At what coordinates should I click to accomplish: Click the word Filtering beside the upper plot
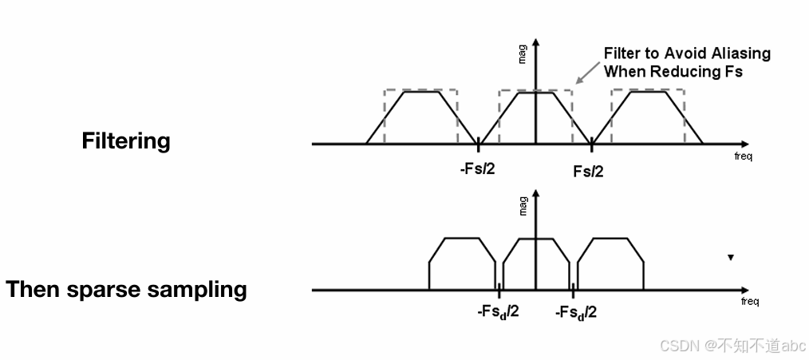click(126, 141)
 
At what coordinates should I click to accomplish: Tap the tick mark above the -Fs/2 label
click(479, 144)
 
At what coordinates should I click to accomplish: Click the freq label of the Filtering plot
click(743, 156)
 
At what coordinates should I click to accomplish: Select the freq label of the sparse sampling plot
click(749, 301)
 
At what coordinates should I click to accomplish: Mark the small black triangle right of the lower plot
click(730, 258)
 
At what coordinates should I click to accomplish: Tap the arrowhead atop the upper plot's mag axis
click(536, 41)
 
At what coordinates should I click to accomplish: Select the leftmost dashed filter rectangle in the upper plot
click(420, 116)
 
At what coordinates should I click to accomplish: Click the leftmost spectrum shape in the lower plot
click(462, 263)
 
